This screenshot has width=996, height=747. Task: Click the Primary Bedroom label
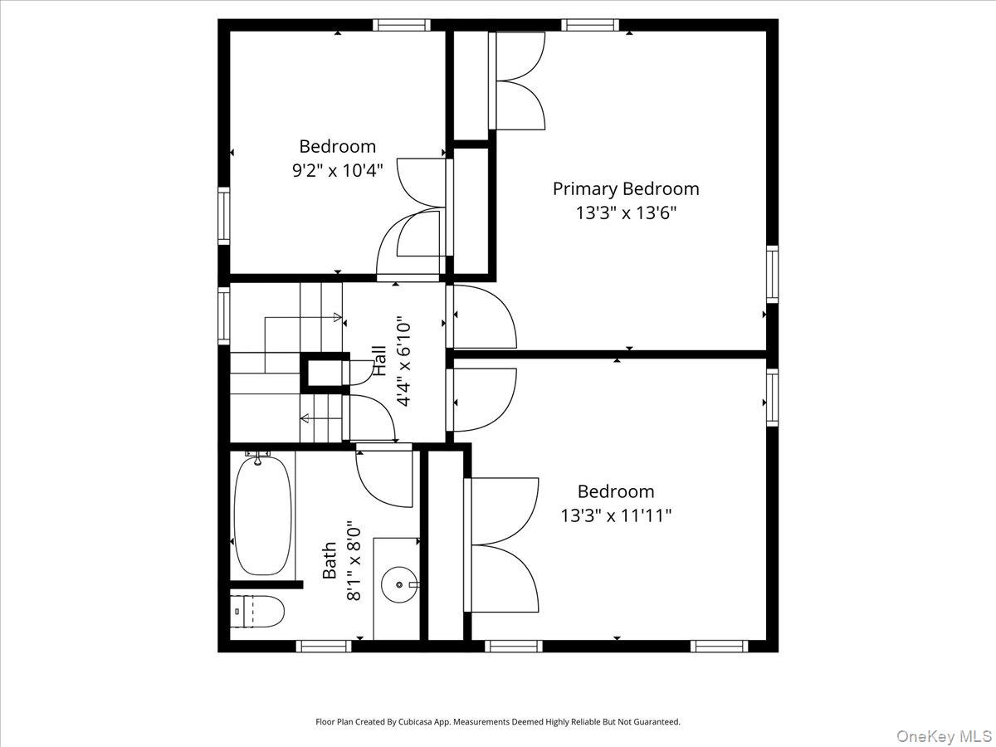coord(626,188)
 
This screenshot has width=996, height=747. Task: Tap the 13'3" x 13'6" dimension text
coord(626,212)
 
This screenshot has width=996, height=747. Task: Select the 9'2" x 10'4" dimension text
coord(337,171)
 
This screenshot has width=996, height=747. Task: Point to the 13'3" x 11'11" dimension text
coord(615,515)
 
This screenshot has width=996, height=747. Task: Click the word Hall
coord(379,360)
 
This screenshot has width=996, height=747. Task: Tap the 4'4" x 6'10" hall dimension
coord(404,360)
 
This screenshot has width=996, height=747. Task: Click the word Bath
coord(330,560)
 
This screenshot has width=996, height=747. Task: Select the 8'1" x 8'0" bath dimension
coord(354,560)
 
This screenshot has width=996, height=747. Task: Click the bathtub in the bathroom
coord(262,515)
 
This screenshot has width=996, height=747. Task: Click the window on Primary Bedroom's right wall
coord(772,274)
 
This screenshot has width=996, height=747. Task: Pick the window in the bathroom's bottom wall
coord(324,646)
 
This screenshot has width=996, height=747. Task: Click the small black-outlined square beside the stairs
coord(324,371)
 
